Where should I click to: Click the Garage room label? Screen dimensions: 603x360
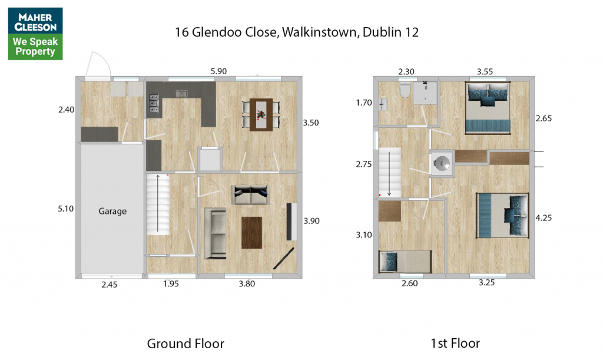[112, 211]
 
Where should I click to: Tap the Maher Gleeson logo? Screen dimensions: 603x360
[35, 34]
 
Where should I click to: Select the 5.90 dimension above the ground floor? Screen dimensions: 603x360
[218, 71]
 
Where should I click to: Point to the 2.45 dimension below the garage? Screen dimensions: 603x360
[109, 285]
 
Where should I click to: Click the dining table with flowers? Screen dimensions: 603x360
[261, 115]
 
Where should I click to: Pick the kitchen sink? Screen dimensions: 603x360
[181, 94]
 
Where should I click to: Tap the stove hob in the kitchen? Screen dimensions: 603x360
[154, 104]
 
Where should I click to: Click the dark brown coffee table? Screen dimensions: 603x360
[251, 233]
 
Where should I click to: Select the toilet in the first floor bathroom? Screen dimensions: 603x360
[405, 90]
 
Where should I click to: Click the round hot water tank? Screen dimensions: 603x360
[442, 163]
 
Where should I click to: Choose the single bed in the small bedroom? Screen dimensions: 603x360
[405, 262]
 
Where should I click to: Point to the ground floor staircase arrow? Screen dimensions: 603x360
[158, 203]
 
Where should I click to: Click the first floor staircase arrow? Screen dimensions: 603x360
[389, 173]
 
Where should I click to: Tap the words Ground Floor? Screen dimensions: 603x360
[185, 344]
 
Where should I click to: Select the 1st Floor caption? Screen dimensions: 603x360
[455, 343]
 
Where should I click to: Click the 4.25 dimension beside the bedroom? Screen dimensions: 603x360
[544, 217]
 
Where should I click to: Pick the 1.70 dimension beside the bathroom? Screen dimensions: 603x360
[364, 103]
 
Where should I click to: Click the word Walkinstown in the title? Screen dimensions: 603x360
[320, 32]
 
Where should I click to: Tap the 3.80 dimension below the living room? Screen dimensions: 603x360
[247, 284]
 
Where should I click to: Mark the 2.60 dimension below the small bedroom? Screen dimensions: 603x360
[410, 283]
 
